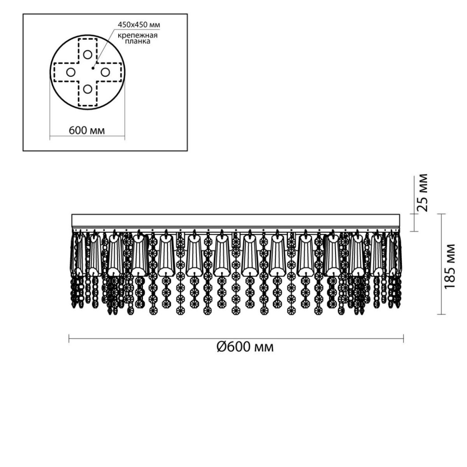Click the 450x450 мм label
pyautogui.click(x=139, y=25)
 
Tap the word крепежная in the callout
pyautogui.click(x=137, y=35)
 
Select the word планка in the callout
pyautogui.click(x=137, y=41)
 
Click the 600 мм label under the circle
pyautogui.click(x=87, y=131)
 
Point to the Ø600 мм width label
pyautogui.click(x=245, y=347)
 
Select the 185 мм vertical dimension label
pyautogui.click(x=450, y=266)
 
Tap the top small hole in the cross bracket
pyautogui.click(x=88, y=54)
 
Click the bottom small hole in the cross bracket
pyautogui.click(x=88, y=89)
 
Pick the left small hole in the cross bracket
pyautogui.click(x=70, y=72)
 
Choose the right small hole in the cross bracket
pyautogui.click(x=105, y=72)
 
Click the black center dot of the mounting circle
pyautogui.click(x=93, y=68)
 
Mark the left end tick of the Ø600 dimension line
pyautogui.click(x=69, y=338)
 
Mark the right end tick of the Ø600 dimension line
pyautogui.click(x=403, y=338)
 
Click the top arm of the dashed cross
pyautogui.click(x=88, y=51)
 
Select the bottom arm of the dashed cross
pyautogui.click(x=88, y=94)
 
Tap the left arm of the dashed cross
pyautogui.click(x=66, y=72)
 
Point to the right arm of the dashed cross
pyautogui.click(x=109, y=72)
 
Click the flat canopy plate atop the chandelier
pyautogui.click(x=235, y=221)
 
